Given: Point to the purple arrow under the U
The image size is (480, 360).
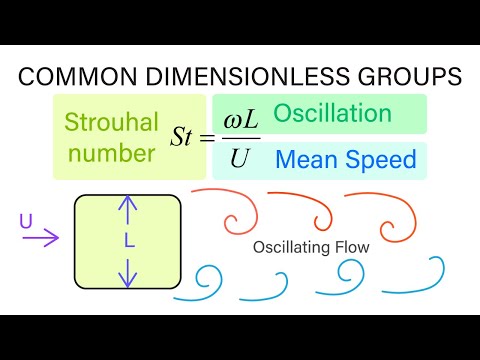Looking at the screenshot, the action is pyautogui.click(x=45, y=238).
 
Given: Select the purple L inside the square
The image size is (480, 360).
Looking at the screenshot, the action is pyautogui.click(x=128, y=241).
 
